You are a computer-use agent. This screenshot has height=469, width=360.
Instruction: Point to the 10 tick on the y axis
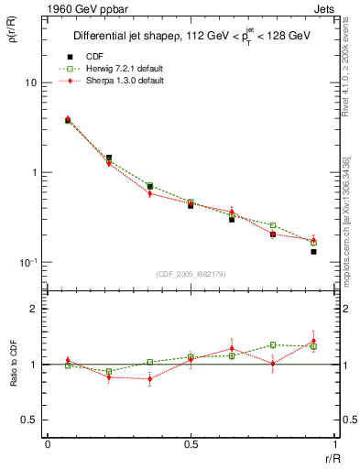coord(29,82)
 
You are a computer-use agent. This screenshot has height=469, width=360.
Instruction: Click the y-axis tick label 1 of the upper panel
coord(32,172)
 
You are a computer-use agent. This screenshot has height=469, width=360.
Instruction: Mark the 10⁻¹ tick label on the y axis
coord(27,263)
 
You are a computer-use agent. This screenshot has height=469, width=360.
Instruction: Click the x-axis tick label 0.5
coord(191,444)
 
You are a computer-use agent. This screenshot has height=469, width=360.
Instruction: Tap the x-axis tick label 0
coord(48,444)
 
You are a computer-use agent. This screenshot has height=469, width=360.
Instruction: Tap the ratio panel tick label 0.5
coord(28,420)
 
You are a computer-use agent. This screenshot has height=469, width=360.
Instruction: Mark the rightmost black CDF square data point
coord(313,251)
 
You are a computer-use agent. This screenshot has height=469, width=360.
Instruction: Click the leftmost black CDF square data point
coord(68,120)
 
